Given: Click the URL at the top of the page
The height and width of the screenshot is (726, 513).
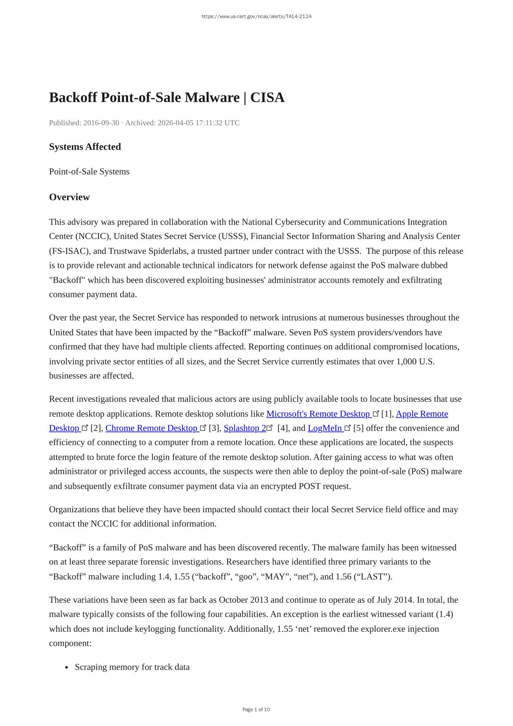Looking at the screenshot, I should (256, 17).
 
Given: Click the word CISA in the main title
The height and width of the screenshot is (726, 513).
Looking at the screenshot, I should (267, 98).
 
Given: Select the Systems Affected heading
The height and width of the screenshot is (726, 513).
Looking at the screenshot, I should (85, 147).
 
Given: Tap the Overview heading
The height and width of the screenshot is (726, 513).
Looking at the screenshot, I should (69, 197).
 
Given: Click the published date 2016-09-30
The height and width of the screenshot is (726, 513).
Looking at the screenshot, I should (101, 123).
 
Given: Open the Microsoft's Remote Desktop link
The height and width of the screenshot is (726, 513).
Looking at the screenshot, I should (318, 414).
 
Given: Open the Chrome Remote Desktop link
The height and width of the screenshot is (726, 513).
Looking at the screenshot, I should (152, 428).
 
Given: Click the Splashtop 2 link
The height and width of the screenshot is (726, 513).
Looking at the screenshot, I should (245, 428).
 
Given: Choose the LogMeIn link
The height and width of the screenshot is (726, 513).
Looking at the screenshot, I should (325, 428).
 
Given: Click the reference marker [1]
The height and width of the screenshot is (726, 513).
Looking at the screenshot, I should (387, 414).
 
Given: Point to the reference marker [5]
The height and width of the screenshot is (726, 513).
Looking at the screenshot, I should (359, 428).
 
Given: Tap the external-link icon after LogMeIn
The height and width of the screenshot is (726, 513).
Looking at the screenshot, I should (348, 428).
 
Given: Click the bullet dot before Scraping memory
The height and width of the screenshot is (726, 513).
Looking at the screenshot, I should (66, 668).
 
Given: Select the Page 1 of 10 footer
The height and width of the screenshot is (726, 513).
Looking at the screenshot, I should (256, 709).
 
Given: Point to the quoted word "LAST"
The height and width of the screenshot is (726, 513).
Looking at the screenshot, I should (373, 577).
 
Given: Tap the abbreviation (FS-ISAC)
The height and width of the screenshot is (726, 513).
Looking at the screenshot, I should (69, 251).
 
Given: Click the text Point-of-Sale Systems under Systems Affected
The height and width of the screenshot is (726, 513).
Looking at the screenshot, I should (89, 172).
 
